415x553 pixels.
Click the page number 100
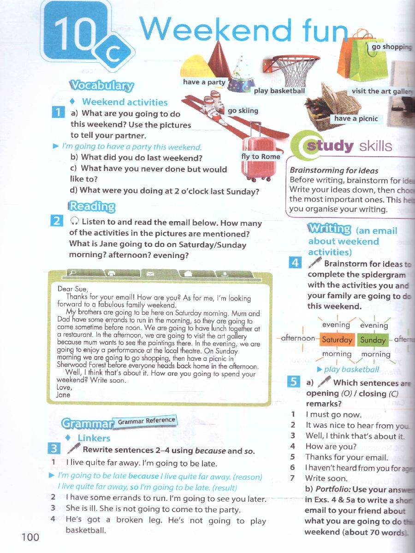[x=30, y=537]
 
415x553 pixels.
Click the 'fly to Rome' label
[x=261, y=157]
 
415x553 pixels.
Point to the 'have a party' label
[x=204, y=82]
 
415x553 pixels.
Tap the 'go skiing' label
[x=243, y=111]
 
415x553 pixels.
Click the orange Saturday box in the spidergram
[x=337, y=340]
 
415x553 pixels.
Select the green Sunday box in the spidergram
[x=373, y=340]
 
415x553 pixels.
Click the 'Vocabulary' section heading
[x=101, y=86]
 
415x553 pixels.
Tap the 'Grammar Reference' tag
[x=147, y=421]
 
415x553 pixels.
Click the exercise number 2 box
[x=57, y=221]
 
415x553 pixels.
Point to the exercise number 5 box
[x=293, y=382]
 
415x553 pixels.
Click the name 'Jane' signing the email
[x=63, y=394]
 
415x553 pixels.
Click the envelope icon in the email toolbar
[x=150, y=273]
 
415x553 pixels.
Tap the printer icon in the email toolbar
[x=111, y=273]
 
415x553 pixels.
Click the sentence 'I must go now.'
[x=333, y=414]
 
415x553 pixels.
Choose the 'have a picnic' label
[x=356, y=118]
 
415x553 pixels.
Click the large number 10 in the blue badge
[x=74, y=35]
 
